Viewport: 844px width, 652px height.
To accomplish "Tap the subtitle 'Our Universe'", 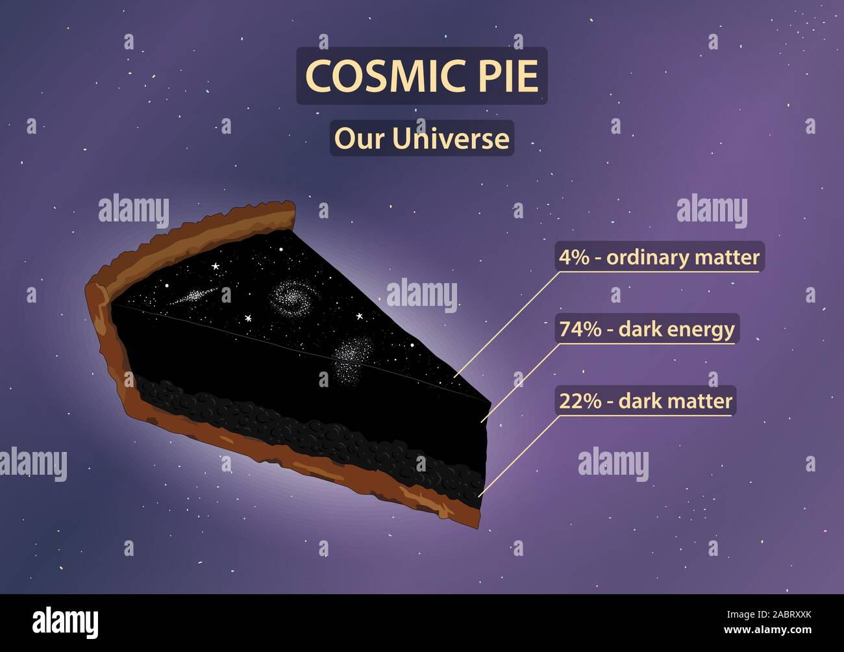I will [421, 138].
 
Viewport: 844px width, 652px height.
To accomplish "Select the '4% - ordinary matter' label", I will [659, 257].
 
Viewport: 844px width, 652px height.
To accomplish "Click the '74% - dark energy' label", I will [647, 329].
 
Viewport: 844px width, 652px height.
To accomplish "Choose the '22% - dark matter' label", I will [645, 401].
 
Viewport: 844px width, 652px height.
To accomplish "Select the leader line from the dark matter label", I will [519, 455].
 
